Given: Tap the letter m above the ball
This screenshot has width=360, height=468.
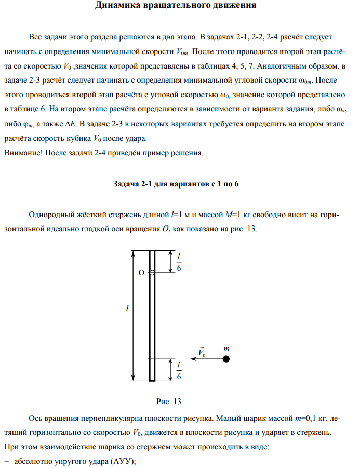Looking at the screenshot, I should [x=226, y=349].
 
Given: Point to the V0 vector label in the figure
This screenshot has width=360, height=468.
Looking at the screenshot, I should [x=202, y=352].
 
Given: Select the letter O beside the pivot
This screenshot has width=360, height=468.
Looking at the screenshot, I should [x=141, y=272].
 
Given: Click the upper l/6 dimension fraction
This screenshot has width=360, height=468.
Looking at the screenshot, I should [x=179, y=263].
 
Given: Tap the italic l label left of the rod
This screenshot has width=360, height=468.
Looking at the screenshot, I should [x=128, y=309].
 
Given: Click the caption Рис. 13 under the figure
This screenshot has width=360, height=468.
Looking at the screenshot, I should [x=169, y=402].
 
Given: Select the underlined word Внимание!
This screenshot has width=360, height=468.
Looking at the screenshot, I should [x=23, y=153].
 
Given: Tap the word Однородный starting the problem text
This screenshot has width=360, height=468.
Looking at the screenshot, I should [x=52, y=215].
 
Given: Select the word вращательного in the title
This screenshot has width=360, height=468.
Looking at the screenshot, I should [x=185, y=6].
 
